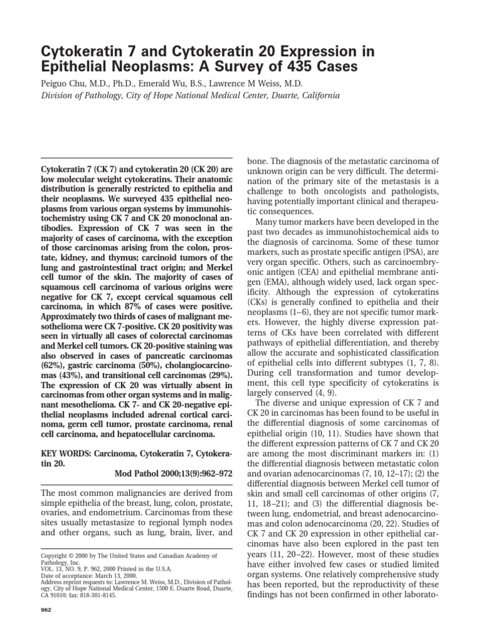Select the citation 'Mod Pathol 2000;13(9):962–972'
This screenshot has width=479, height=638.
click(174, 473)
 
